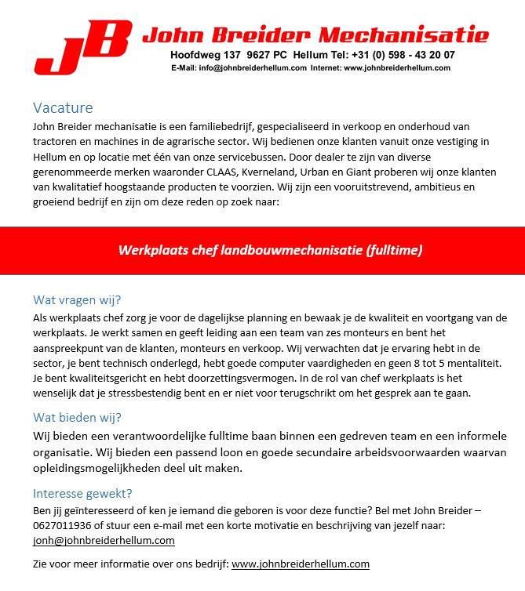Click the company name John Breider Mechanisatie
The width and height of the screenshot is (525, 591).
point(315,34)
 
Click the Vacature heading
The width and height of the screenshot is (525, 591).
point(63,108)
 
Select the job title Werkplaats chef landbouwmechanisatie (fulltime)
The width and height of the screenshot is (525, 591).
point(270,251)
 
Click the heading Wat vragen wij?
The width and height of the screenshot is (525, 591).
point(77,300)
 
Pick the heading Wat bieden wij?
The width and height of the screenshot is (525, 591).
point(77,417)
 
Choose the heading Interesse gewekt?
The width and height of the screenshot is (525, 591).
point(82,494)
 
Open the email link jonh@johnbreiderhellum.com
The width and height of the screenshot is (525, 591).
point(104,541)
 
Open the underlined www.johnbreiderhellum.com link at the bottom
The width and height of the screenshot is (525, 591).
point(301,564)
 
